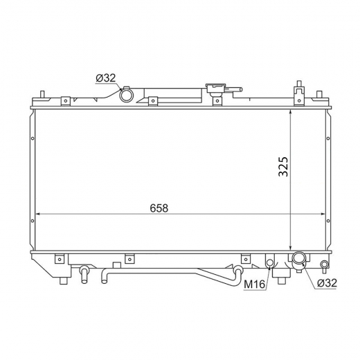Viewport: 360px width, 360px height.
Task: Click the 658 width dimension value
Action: coord(159,208)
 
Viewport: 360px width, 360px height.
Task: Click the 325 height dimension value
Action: coord(283,167)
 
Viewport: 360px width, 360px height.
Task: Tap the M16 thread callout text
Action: coord(255,285)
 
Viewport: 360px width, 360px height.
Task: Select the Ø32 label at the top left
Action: coord(106,78)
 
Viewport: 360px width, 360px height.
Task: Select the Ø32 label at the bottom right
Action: coord(327,282)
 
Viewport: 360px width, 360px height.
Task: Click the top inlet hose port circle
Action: coord(127,95)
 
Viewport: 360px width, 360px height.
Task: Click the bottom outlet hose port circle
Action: coord(299,258)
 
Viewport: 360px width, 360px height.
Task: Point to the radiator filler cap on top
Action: coord(215,88)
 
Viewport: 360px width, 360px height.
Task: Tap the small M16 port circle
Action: coord(270,262)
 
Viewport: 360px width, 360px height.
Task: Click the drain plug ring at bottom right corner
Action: coord(324,264)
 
